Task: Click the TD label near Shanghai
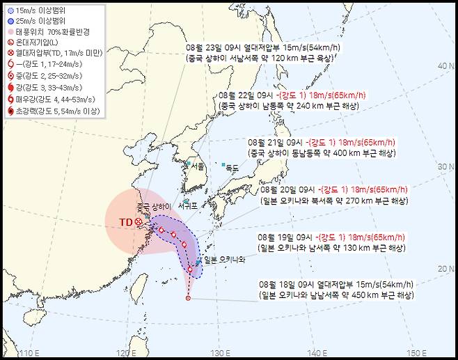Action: (x=126, y=222)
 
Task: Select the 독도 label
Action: (x=232, y=167)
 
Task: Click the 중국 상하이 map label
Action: (x=154, y=208)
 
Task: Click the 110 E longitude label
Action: (x=27, y=352)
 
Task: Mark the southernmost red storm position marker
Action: (x=188, y=298)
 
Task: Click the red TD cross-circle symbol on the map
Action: (x=139, y=222)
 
